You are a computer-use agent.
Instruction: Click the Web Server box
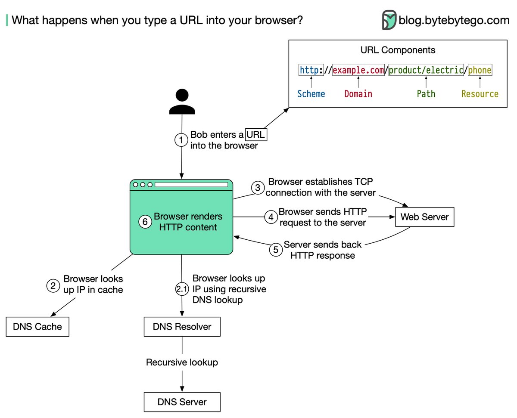(x=424, y=217)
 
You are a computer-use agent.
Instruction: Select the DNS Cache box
(x=37, y=327)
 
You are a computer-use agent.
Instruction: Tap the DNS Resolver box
(x=182, y=327)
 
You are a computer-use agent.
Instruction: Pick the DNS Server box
(x=182, y=402)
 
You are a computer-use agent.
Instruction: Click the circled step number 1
(x=181, y=140)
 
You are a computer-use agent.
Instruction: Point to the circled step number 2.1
(x=181, y=289)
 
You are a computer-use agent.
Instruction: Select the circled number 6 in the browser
(x=145, y=222)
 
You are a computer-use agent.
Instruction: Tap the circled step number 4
(x=271, y=217)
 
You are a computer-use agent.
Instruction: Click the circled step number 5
(x=276, y=250)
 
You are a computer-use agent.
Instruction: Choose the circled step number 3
(x=258, y=188)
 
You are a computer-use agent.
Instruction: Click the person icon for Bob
(x=181, y=102)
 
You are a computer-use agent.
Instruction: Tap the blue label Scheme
(x=311, y=94)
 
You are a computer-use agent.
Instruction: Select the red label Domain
(x=358, y=94)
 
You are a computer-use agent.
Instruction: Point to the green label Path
(x=426, y=94)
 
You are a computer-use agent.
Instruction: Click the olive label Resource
(x=480, y=94)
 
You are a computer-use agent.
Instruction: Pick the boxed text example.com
(x=358, y=70)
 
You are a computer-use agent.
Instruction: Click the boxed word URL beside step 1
(x=256, y=135)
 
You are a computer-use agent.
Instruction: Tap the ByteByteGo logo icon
(x=389, y=20)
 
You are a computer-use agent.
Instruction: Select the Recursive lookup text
(x=182, y=362)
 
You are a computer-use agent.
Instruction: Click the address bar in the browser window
(x=191, y=185)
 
